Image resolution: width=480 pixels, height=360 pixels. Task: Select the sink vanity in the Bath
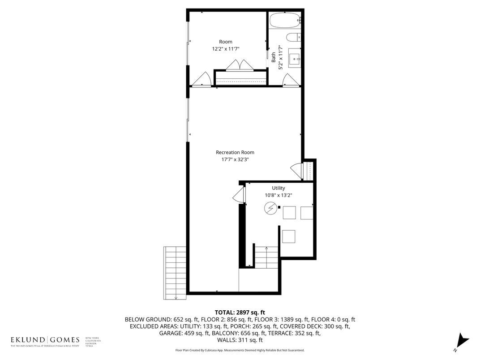pos(295,57)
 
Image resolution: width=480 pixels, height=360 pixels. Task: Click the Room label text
pos(226,42)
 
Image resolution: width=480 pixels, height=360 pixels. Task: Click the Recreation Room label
pos(235,152)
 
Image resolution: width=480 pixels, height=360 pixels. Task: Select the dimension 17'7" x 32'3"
pos(235,159)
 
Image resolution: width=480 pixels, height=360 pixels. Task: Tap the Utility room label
pos(278,188)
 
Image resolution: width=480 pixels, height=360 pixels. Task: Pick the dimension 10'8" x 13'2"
pos(278,195)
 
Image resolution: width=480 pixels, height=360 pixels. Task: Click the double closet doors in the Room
pos(240,66)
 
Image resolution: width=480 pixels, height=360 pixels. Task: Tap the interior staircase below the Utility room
pos(266,258)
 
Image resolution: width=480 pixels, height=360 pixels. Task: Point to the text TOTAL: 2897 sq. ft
pos(240,312)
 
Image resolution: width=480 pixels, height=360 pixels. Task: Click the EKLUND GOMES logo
pos(45,340)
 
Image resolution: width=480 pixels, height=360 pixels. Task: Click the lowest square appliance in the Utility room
pos(288,236)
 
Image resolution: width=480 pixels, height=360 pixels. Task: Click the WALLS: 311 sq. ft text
pos(240,340)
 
